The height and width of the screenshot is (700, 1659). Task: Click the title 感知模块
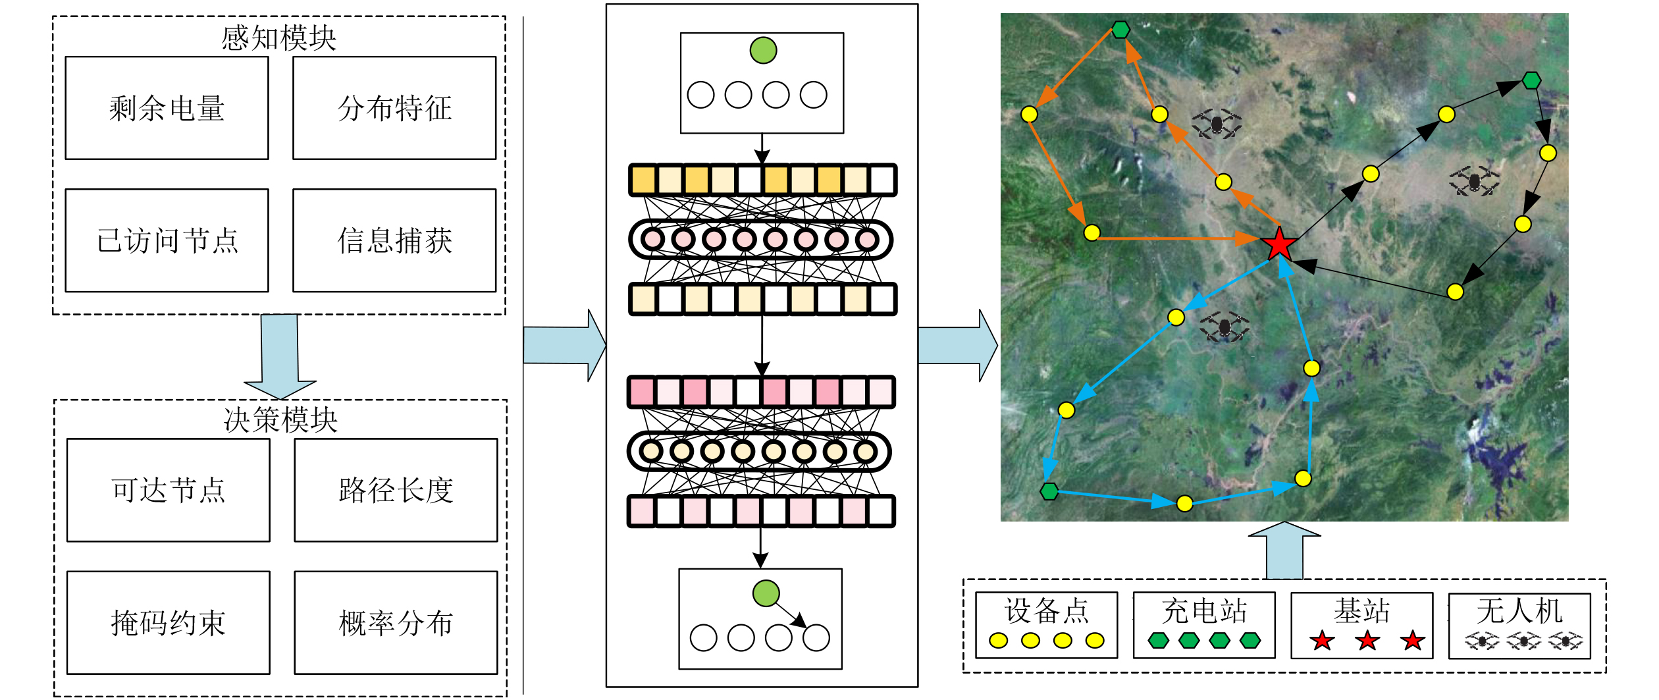click(278, 38)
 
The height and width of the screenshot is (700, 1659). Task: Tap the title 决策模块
click(280, 420)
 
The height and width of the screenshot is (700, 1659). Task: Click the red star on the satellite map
click(1279, 244)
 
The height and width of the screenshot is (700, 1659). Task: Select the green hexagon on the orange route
click(1120, 30)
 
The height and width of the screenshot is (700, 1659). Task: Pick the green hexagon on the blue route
click(1049, 491)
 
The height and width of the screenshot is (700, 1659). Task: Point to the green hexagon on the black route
click(1531, 80)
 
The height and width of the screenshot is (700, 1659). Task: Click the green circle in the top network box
click(764, 50)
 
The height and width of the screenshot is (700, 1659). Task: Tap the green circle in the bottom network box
click(766, 593)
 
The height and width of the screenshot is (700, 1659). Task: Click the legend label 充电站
click(1204, 611)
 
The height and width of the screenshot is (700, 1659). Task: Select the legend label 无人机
click(1519, 611)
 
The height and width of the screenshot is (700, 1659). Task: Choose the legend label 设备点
click(1047, 611)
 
